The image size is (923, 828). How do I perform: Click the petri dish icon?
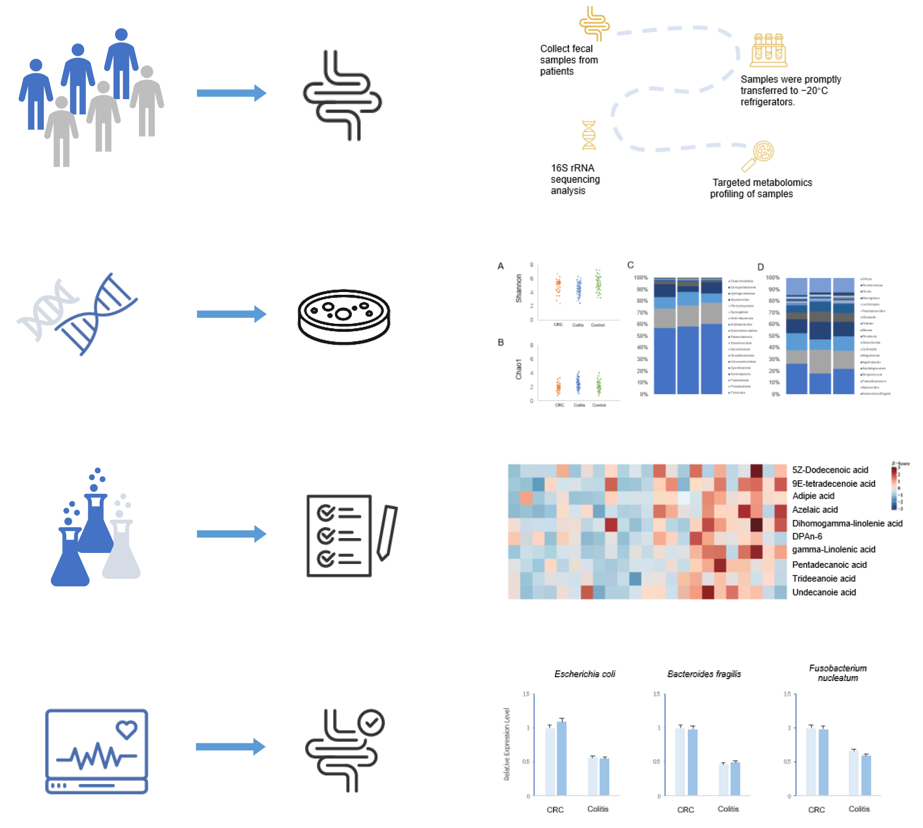coord(344,316)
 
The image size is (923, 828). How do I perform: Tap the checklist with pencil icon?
coord(351,536)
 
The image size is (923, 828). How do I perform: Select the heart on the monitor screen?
coord(127,729)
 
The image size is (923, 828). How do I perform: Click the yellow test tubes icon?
coord(769,50)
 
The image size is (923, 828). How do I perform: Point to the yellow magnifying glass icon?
coord(757,156)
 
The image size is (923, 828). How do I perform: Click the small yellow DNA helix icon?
coord(589,135)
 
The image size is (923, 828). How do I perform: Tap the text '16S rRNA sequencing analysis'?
coord(575,179)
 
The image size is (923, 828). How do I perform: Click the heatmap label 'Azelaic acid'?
coord(815,510)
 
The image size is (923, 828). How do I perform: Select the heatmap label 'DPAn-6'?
coord(807,537)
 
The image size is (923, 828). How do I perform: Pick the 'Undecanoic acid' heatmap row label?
coord(824,592)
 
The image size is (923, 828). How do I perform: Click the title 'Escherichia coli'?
coord(585,674)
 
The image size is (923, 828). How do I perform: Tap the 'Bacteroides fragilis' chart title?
coord(704,674)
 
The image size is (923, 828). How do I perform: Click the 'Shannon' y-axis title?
coord(519,288)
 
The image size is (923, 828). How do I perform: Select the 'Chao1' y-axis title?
coord(519,369)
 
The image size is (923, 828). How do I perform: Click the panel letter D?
coord(760,267)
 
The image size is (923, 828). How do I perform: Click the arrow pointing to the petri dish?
coord(231,314)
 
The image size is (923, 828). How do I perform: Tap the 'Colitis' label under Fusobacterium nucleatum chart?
coord(859,809)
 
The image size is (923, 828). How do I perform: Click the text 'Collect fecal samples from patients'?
coord(568,60)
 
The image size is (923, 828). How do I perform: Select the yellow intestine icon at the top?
coord(594,23)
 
